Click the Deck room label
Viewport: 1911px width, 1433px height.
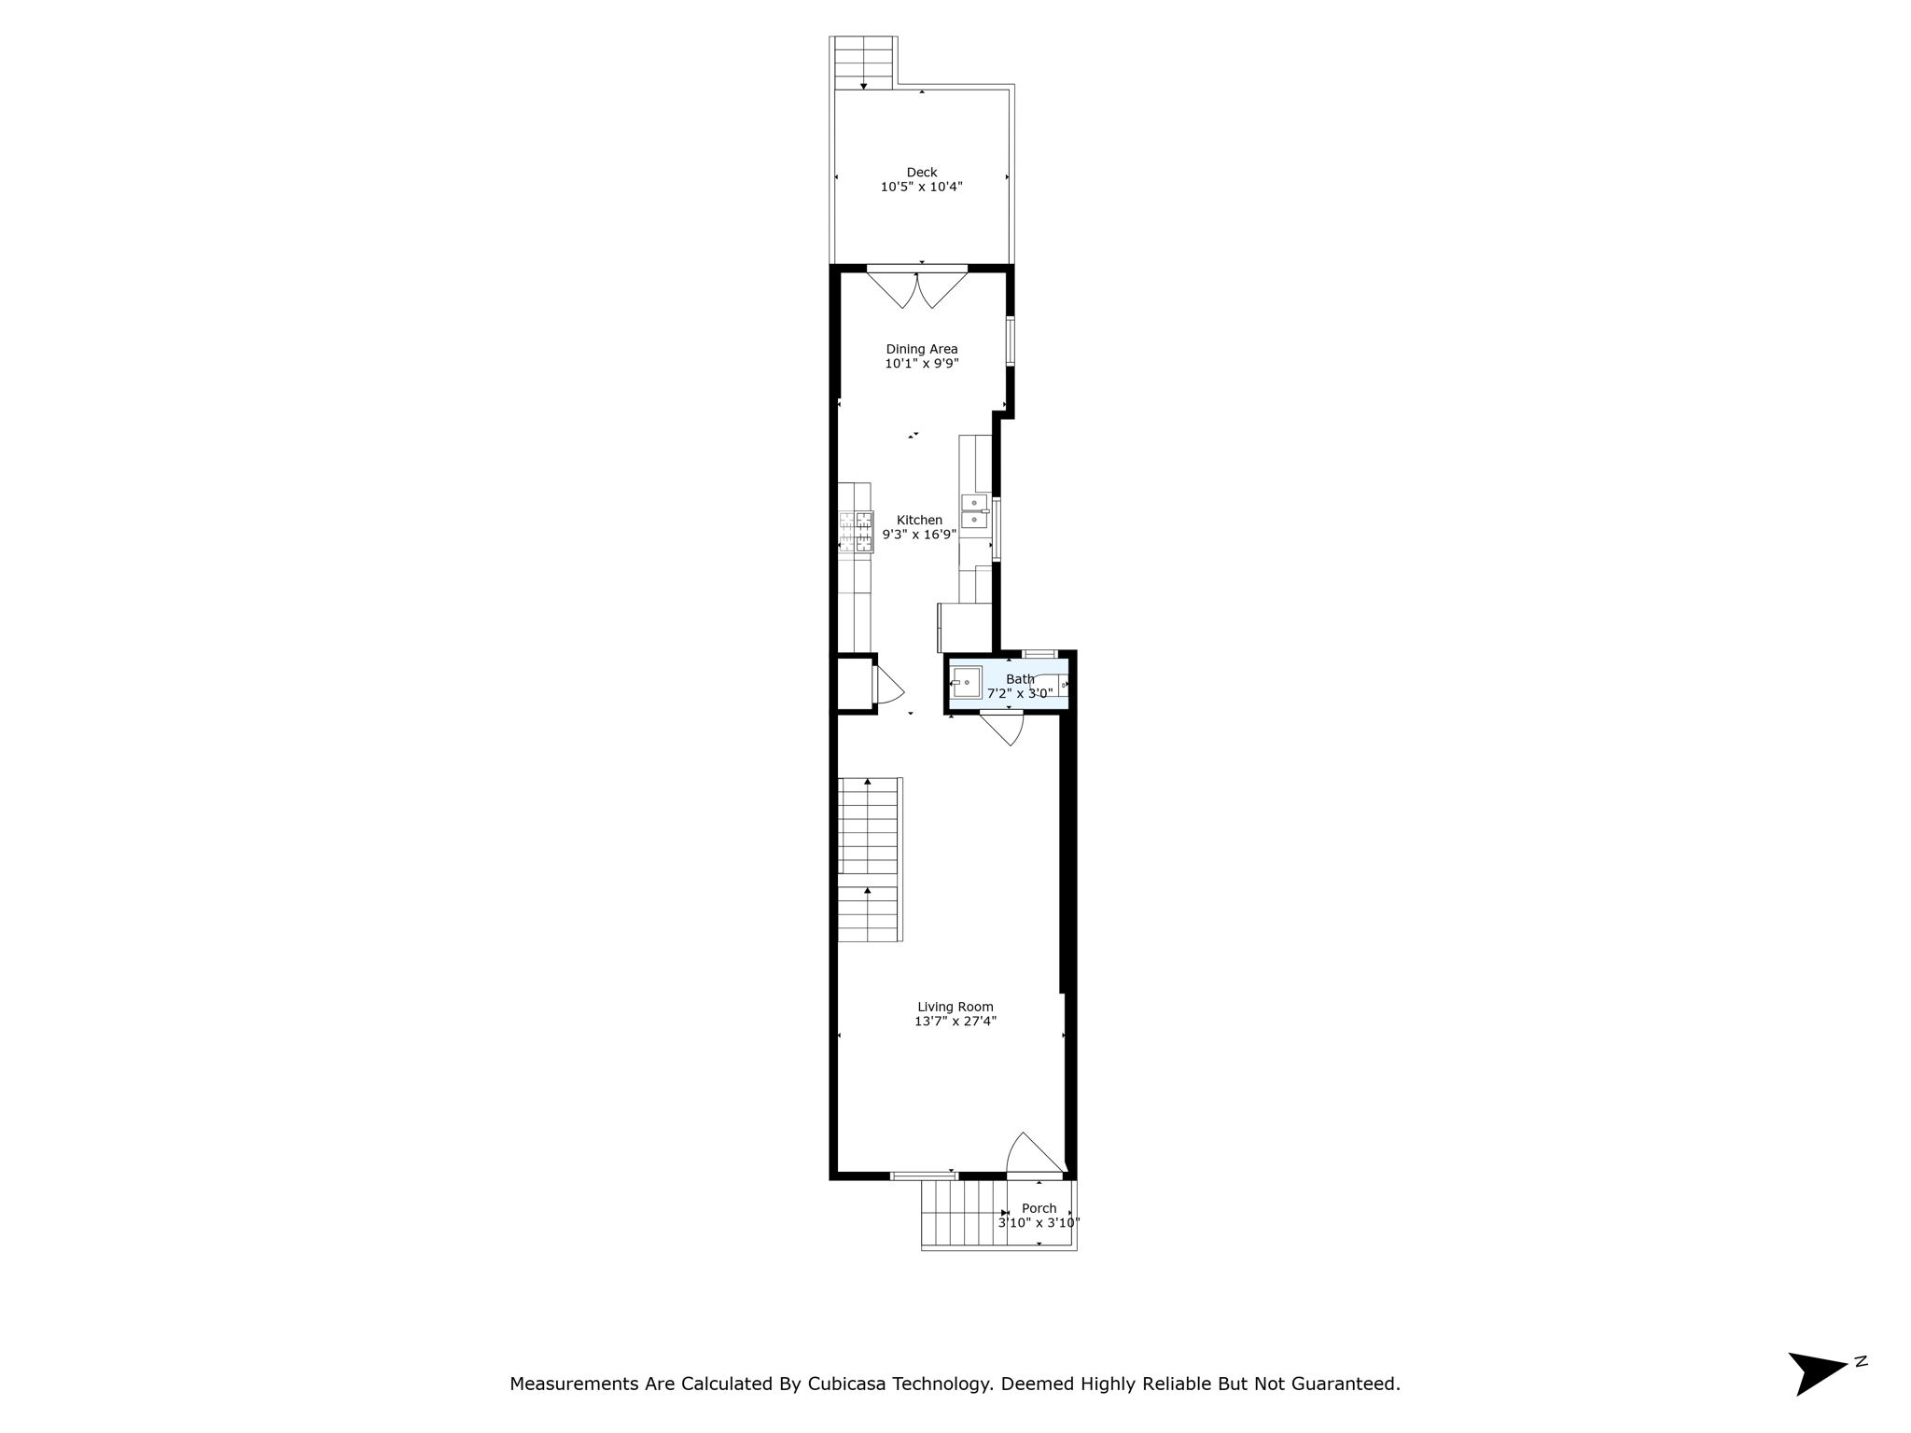[x=921, y=172]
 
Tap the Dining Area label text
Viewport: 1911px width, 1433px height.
[x=921, y=349]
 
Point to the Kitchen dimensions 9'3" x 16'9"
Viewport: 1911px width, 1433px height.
[x=919, y=535]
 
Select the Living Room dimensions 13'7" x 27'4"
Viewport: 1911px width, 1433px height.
[x=955, y=1021]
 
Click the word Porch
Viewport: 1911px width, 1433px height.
[x=1039, y=1208]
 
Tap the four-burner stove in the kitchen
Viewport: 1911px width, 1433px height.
[x=856, y=533]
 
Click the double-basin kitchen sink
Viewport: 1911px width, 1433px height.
[x=974, y=511]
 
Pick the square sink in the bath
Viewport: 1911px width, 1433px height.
[x=967, y=682]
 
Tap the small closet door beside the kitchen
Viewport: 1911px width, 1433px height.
[x=886, y=685]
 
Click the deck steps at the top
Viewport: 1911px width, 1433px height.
[x=863, y=63]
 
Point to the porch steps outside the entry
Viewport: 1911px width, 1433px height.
[x=962, y=1213]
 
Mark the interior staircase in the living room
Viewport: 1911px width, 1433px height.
[x=870, y=859]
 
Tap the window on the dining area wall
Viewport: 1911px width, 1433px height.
[x=1010, y=341]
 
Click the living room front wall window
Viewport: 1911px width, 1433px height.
[x=922, y=1175]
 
